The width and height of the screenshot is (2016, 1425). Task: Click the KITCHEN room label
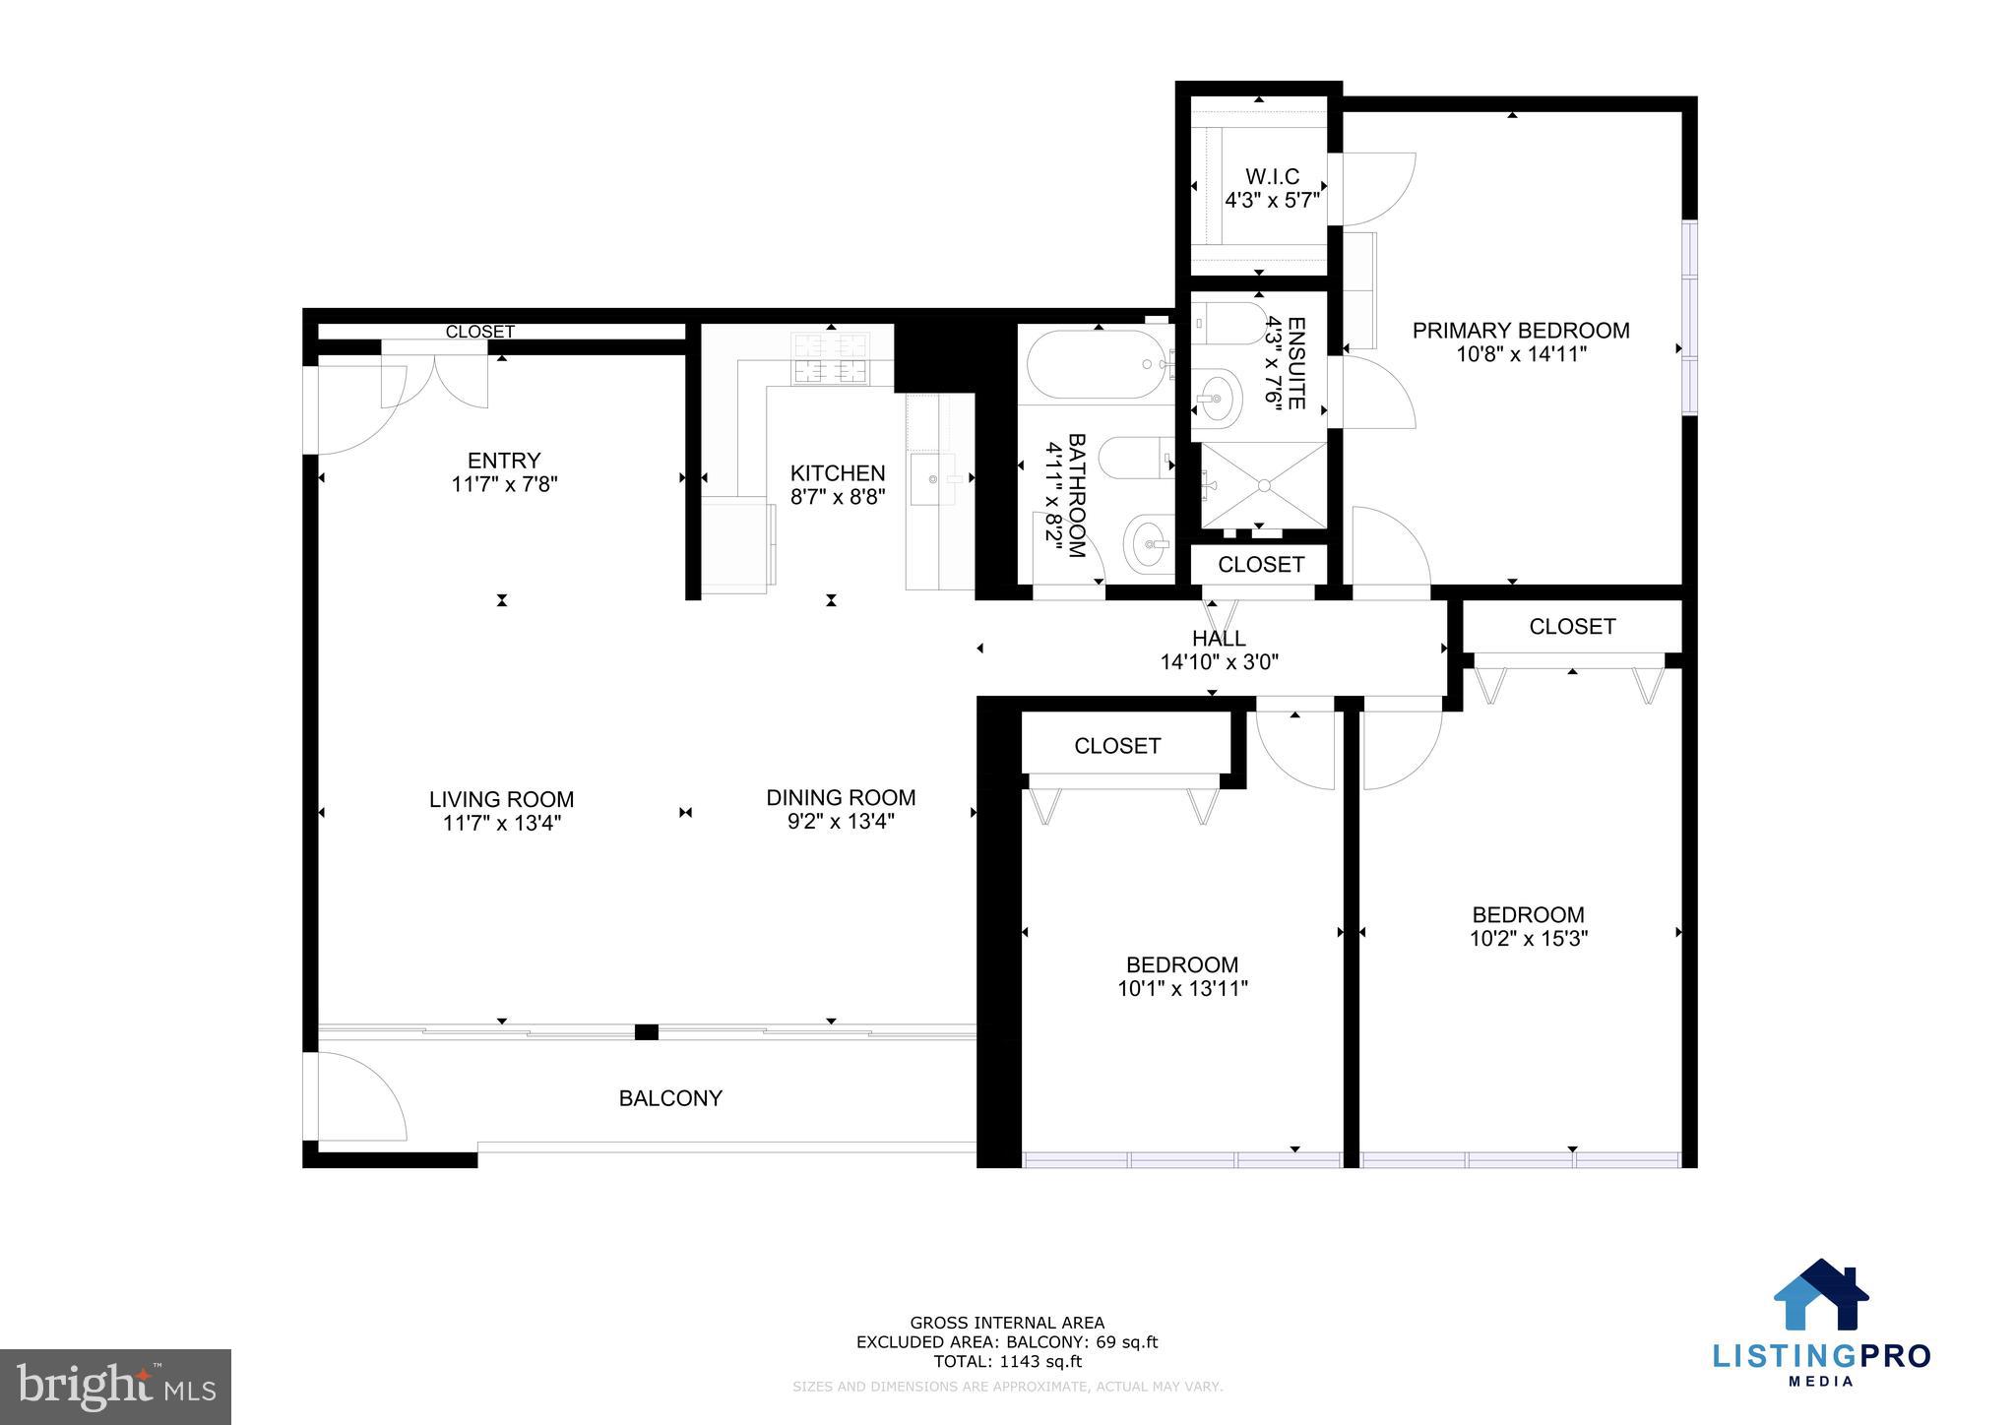coord(838,473)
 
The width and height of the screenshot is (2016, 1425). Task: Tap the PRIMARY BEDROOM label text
coord(1520,331)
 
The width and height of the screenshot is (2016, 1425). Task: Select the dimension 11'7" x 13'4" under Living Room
coord(501,824)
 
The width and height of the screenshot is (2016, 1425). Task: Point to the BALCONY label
coord(670,1098)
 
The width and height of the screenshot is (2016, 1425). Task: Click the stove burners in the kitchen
coord(832,358)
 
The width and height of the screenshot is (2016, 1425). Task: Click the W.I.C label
coord(1272,177)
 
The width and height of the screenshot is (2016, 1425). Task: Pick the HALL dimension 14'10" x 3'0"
coord(1219,662)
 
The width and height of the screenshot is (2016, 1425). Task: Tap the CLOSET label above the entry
coord(479,333)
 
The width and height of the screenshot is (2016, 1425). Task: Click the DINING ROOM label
coord(841,798)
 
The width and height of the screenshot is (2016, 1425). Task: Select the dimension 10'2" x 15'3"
coord(1528,939)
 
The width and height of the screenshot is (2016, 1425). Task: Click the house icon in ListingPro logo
coord(1821,1295)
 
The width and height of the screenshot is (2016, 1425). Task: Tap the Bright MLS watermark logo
coord(115,1388)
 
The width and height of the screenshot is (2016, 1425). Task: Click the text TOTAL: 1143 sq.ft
coord(1007,1362)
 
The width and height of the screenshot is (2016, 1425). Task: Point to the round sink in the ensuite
coord(1217,399)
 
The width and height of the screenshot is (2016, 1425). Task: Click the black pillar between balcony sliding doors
coord(646,1031)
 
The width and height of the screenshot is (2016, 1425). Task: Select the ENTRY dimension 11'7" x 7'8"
coord(504,484)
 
